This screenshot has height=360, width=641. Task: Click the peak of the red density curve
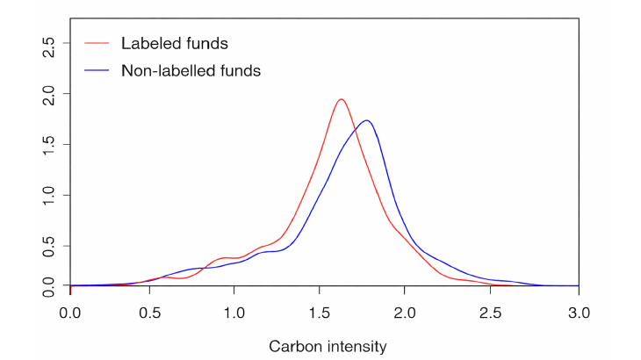click(x=342, y=99)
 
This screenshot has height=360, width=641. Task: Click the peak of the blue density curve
click(x=366, y=120)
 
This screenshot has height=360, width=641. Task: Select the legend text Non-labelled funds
click(x=191, y=71)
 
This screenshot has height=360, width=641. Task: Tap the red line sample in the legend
click(x=96, y=42)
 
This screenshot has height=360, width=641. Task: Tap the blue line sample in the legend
click(x=96, y=71)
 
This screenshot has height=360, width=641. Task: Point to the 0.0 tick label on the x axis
click(x=70, y=313)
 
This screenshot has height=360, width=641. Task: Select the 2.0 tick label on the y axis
click(x=50, y=93)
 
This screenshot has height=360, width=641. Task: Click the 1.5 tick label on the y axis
click(x=50, y=144)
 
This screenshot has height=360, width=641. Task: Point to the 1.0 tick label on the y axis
click(x=50, y=194)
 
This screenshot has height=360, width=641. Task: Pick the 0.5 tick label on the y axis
click(x=50, y=245)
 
